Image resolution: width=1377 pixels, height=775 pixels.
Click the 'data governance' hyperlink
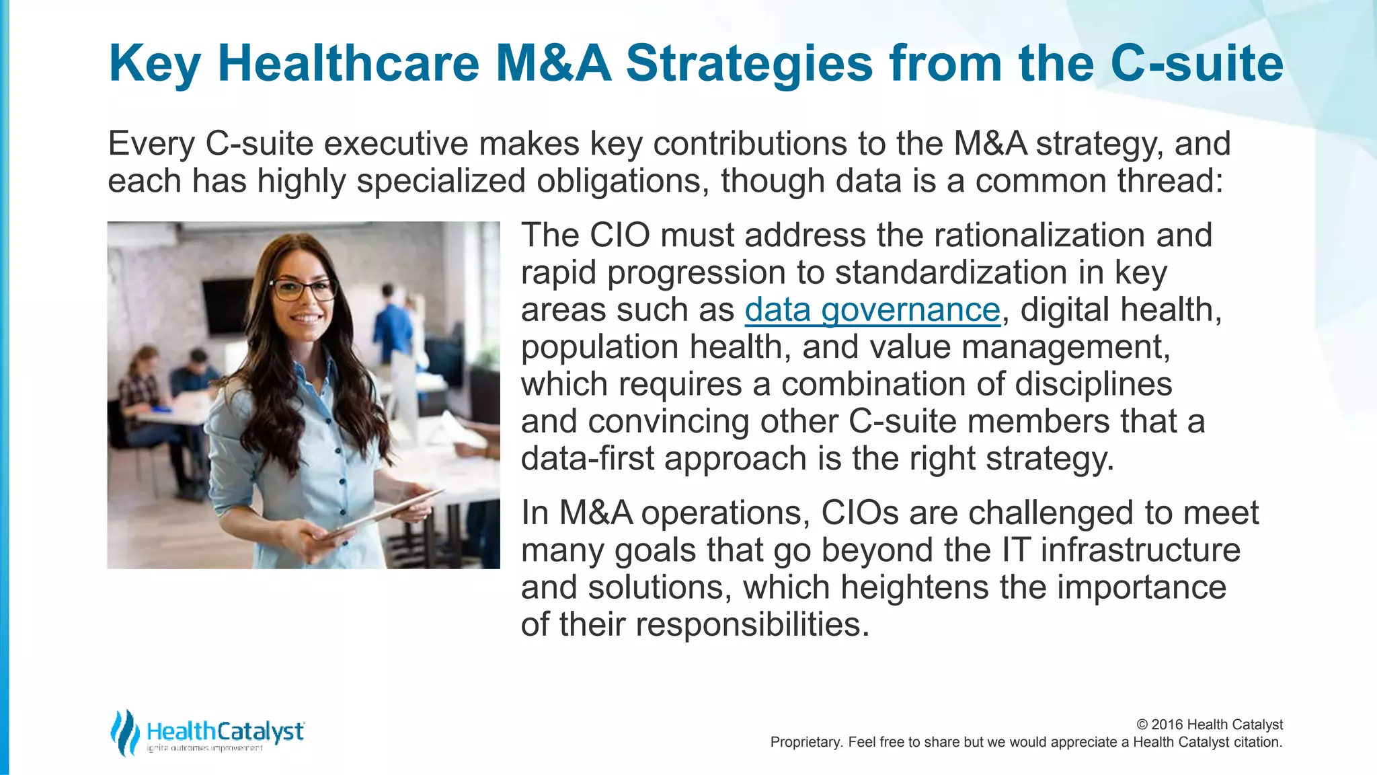click(x=872, y=310)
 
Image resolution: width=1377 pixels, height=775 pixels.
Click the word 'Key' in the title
click(x=154, y=64)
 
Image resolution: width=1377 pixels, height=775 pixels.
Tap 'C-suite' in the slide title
click(x=1197, y=64)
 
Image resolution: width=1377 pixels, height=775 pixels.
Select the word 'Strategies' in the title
click(x=749, y=64)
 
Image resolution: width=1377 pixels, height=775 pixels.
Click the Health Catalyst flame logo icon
click(x=124, y=732)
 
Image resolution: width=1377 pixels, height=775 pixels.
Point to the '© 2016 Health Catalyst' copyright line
click(x=1209, y=725)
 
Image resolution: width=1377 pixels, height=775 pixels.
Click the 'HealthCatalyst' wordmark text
click(x=225, y=731)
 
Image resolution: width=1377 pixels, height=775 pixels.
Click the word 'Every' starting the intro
click(x=152, y=144)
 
